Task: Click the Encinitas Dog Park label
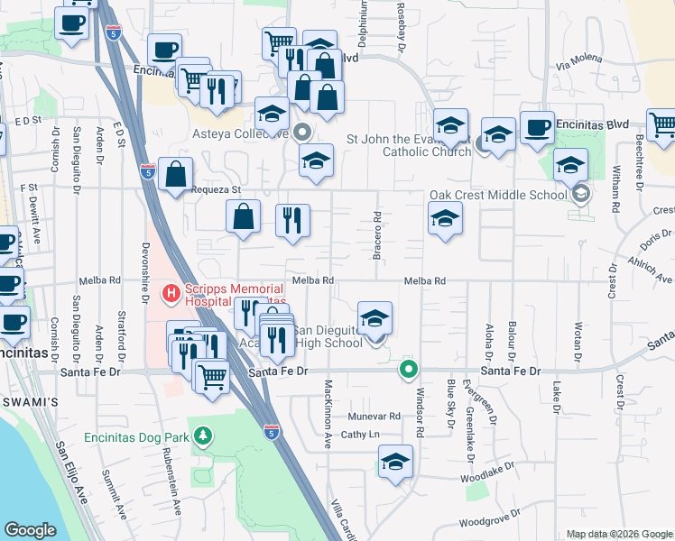tap(135, 438)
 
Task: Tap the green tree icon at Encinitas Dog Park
tap(204, 437)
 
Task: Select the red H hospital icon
tap(170, 293)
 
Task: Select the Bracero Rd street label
tap(376, 235)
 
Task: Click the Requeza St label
tap(216, 190)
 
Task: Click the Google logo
tap(30, 530)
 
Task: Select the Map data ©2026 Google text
tap(618, 533)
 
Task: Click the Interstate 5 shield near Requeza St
tap(149, 170)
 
